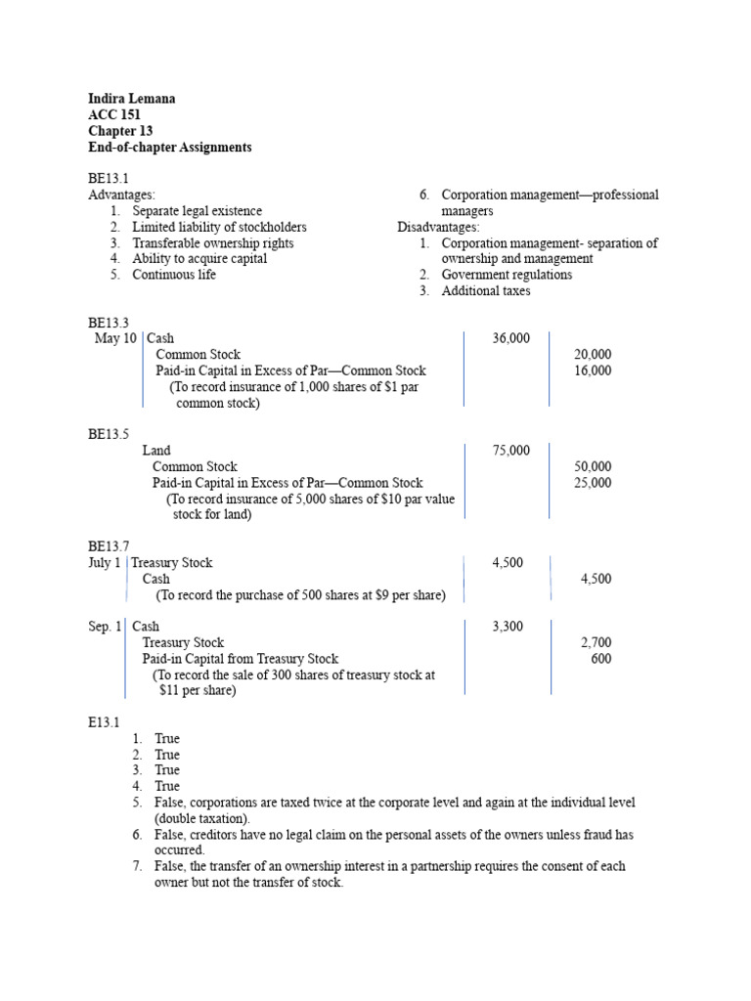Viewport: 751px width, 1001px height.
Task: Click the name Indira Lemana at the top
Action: coord(132,99)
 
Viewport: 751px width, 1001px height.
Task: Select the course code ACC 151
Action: coord(113,114)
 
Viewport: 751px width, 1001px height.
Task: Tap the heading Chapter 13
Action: coord(120,131)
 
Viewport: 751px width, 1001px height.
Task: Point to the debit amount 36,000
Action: coord(510,338)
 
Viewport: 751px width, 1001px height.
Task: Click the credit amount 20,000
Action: coord(592,354)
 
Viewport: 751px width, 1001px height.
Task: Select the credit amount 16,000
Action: coord(592,370)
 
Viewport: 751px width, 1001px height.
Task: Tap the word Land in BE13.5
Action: coord(156,451)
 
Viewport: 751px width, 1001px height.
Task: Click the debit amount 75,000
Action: coord(510,451)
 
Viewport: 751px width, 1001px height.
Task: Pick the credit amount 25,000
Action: coord(592,483)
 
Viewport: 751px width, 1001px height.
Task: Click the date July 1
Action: coord(105,563)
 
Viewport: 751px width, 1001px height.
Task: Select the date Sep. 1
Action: coord(105,627)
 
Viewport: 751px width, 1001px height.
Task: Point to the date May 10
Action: coord(115,338)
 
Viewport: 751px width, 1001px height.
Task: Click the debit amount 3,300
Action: coord(508,627)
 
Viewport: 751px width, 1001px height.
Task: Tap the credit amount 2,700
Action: coord(596,642)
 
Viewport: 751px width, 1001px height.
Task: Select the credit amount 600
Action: coord(600,659)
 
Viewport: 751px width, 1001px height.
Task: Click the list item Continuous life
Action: coord(174,275)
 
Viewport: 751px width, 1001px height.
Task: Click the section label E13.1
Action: coord(104,722)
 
